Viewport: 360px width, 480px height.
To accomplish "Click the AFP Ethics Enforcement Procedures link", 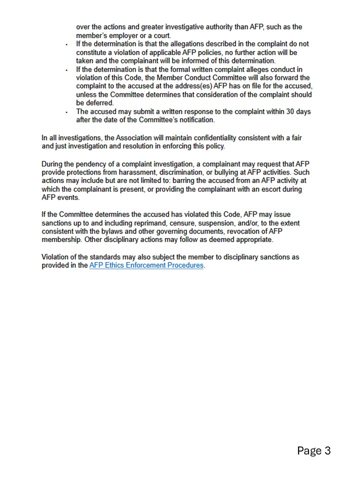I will click(x=146, y=265).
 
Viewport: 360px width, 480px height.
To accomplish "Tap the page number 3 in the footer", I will click(x=327, y=451).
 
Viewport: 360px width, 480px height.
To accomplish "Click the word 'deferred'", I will click(x=99, y=103).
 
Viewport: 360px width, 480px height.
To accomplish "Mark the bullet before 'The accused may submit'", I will click(x=67, y=112).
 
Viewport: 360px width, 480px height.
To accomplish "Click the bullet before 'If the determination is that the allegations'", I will click(x=67, y=44).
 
